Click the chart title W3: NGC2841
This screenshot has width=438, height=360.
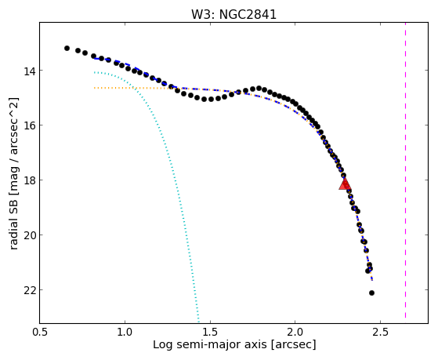pos(233,15)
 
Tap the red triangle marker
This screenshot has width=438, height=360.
pos(345,184)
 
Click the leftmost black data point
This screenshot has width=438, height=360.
pos(67,49)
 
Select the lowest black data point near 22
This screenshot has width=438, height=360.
pos(371,293)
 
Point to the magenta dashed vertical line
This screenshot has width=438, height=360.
pos(405,170)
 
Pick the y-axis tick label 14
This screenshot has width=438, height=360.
pos(27,71)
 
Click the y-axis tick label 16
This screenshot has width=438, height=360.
pos(27,125)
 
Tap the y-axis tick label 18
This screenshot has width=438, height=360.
pos(27,180)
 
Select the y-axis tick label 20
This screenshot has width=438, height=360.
pos(27,235)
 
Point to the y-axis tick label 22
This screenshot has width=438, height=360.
pos(27,289)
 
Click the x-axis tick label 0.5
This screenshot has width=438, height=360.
pos(40,332)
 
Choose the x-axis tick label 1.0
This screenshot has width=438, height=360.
pos(125,332)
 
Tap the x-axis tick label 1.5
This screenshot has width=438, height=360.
pos(210,332)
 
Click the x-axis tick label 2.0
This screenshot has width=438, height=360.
pos(295,332)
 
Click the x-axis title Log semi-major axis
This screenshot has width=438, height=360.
pos(210,345)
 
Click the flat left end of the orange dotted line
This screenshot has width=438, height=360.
pos(94,88)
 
